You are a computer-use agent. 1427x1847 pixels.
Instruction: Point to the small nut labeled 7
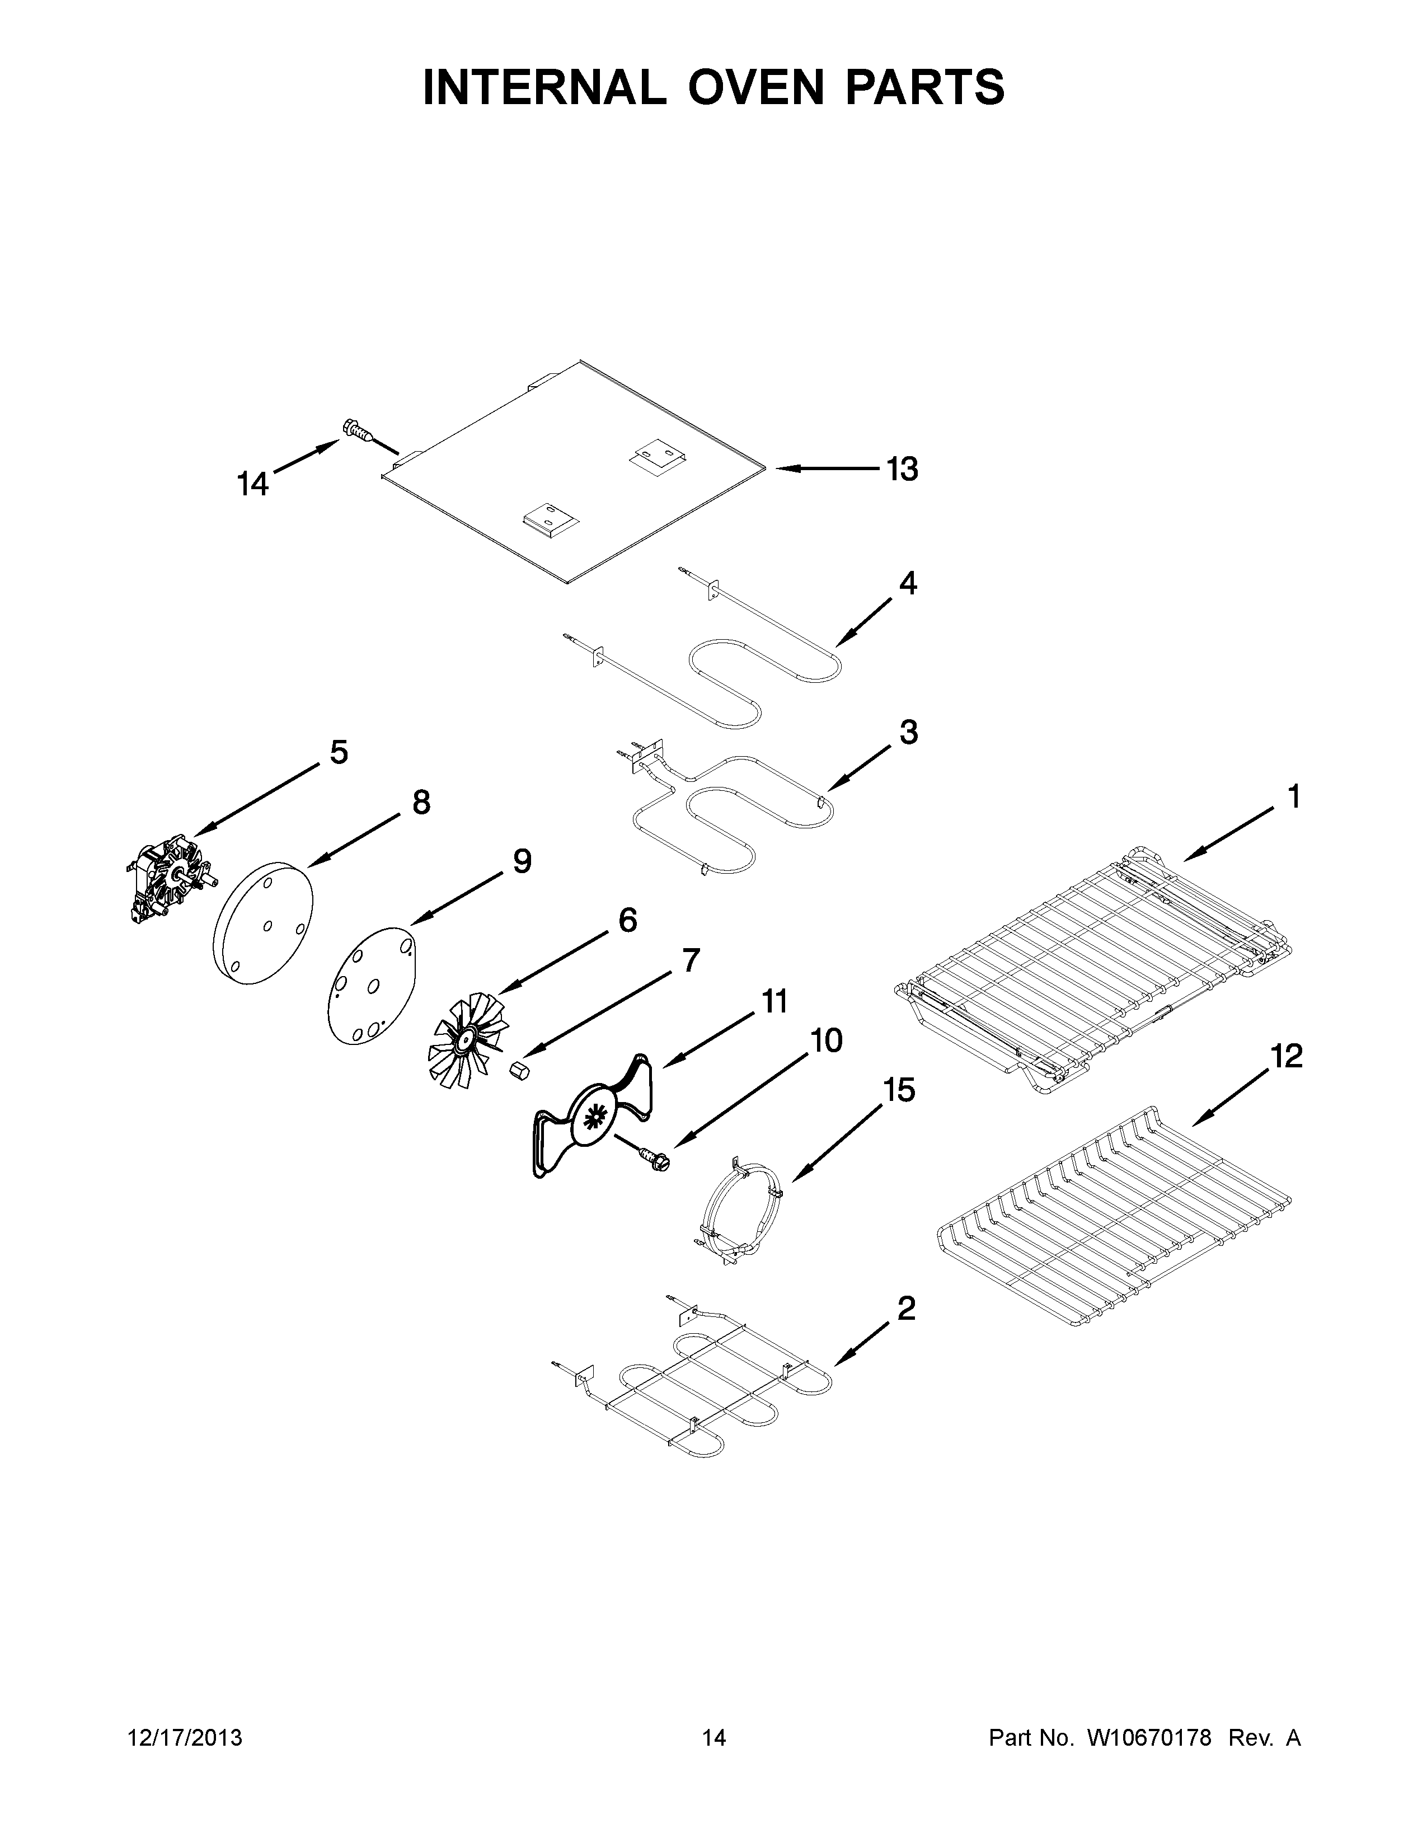(x=519, y=1071)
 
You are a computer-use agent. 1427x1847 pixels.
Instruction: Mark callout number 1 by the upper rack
(x=1293, y=796)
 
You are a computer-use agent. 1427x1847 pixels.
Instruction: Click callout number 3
(x=908, y=733)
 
